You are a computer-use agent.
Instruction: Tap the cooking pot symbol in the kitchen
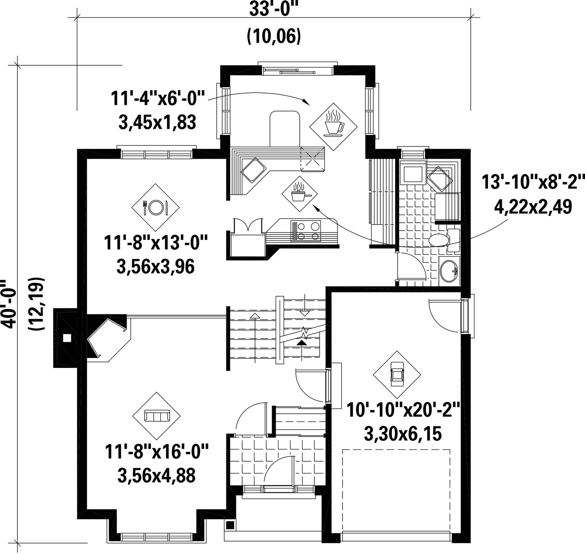point(299,194)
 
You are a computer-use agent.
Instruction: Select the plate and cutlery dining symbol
point(155,207)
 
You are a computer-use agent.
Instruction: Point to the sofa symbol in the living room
point(157,416)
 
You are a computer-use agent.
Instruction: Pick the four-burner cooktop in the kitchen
point(306,231)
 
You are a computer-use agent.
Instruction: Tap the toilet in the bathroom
point(444,240)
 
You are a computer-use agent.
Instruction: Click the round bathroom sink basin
point(449,270)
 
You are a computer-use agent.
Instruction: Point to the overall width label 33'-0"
point(274,10)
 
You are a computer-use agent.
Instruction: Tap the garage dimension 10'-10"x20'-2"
point(403,410)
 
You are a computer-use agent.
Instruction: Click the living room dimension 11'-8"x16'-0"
point(156,453)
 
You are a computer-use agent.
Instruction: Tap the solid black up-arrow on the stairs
point(302,342)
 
